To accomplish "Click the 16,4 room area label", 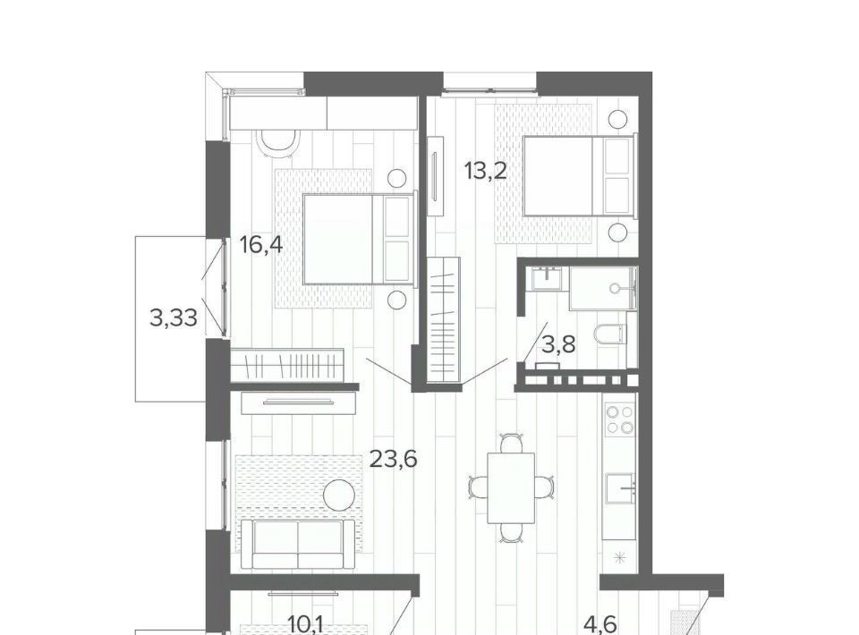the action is pos(261,245).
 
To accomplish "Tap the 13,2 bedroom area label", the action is pos(485,171).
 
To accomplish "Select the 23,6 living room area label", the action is pos(394,459).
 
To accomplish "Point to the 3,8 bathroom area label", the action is pos(558,345).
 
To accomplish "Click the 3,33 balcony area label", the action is pos(173,317).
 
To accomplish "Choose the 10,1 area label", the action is pos(306,624).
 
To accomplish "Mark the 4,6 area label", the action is pos(600,624).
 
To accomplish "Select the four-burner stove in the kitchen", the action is pos(620,419).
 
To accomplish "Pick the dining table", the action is pos(511,487).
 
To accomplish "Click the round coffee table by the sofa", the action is pos(339,495).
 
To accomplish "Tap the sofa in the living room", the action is pos(299,544).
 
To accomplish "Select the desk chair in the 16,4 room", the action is pos(279,142).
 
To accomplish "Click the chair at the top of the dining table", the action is pos(511,443).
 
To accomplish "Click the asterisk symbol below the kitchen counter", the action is pos(619,558).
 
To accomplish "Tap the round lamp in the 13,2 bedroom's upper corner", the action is pos(618,119).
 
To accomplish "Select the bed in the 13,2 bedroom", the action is pos(580,175).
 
